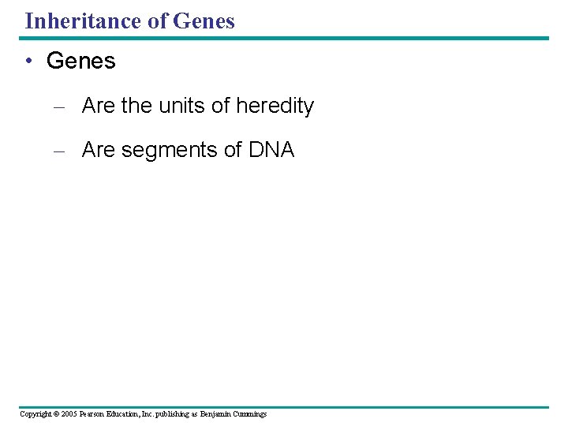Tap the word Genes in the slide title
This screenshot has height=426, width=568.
(x=204, y=21)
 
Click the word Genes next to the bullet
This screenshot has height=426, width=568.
(x=81, y=61)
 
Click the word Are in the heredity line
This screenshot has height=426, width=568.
(x=98, y=106)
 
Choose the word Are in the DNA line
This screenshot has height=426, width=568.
(x=98, y=150)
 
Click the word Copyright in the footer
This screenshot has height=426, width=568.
(x=35, y=414)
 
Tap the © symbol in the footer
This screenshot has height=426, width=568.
(x=58, y=414)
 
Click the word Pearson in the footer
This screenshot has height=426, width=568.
(x=93, y=414)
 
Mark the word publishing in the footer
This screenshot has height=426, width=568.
(x=170, y=414)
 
